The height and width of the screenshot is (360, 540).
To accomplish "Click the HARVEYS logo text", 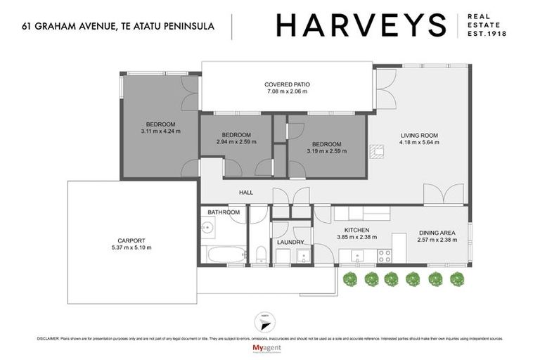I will [x=361, y=25].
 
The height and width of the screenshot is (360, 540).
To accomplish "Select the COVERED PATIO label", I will [x=288, y=84].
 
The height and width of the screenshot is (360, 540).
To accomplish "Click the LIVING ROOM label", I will [x=419, y=136].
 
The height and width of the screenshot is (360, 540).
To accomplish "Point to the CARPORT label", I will [x=131, y=240].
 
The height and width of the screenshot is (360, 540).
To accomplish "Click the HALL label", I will [x=245, y=193].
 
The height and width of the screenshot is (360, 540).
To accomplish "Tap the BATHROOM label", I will [x=224, y=212].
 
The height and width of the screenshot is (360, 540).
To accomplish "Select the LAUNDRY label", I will [x=290, y=242].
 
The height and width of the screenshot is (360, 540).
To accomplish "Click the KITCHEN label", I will [x=356, y=230].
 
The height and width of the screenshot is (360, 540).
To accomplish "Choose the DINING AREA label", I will [x=438, y=233].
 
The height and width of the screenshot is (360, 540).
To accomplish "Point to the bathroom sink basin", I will [x=207, y=227].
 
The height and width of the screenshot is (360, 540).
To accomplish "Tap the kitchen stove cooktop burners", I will [x=387, y=257].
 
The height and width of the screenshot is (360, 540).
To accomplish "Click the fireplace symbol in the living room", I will [x=378, y=150].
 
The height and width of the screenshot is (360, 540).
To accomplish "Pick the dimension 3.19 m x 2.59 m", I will [x=327, y=150].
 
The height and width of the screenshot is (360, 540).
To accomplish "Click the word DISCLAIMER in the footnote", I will [x=47, y=338].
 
